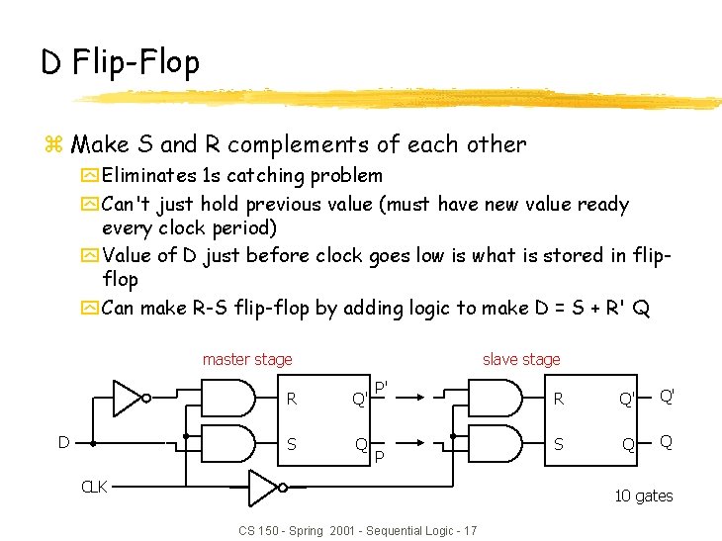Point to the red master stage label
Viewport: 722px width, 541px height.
pyautogui.click(x=247, y=359)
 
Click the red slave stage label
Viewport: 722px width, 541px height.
pyautogui.click(x=520, y=359)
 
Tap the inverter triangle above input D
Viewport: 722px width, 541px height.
pyautogui.click(x=129, y=398)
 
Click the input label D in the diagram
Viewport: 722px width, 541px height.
pyautogui.click(x=63, y=442)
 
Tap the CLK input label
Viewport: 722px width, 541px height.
pyautogui.click(x=95, y=487)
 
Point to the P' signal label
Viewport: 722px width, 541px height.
pyautogui.click(x=381, y=387)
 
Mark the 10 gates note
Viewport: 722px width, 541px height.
pyautogui.click(x=643, y=496)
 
